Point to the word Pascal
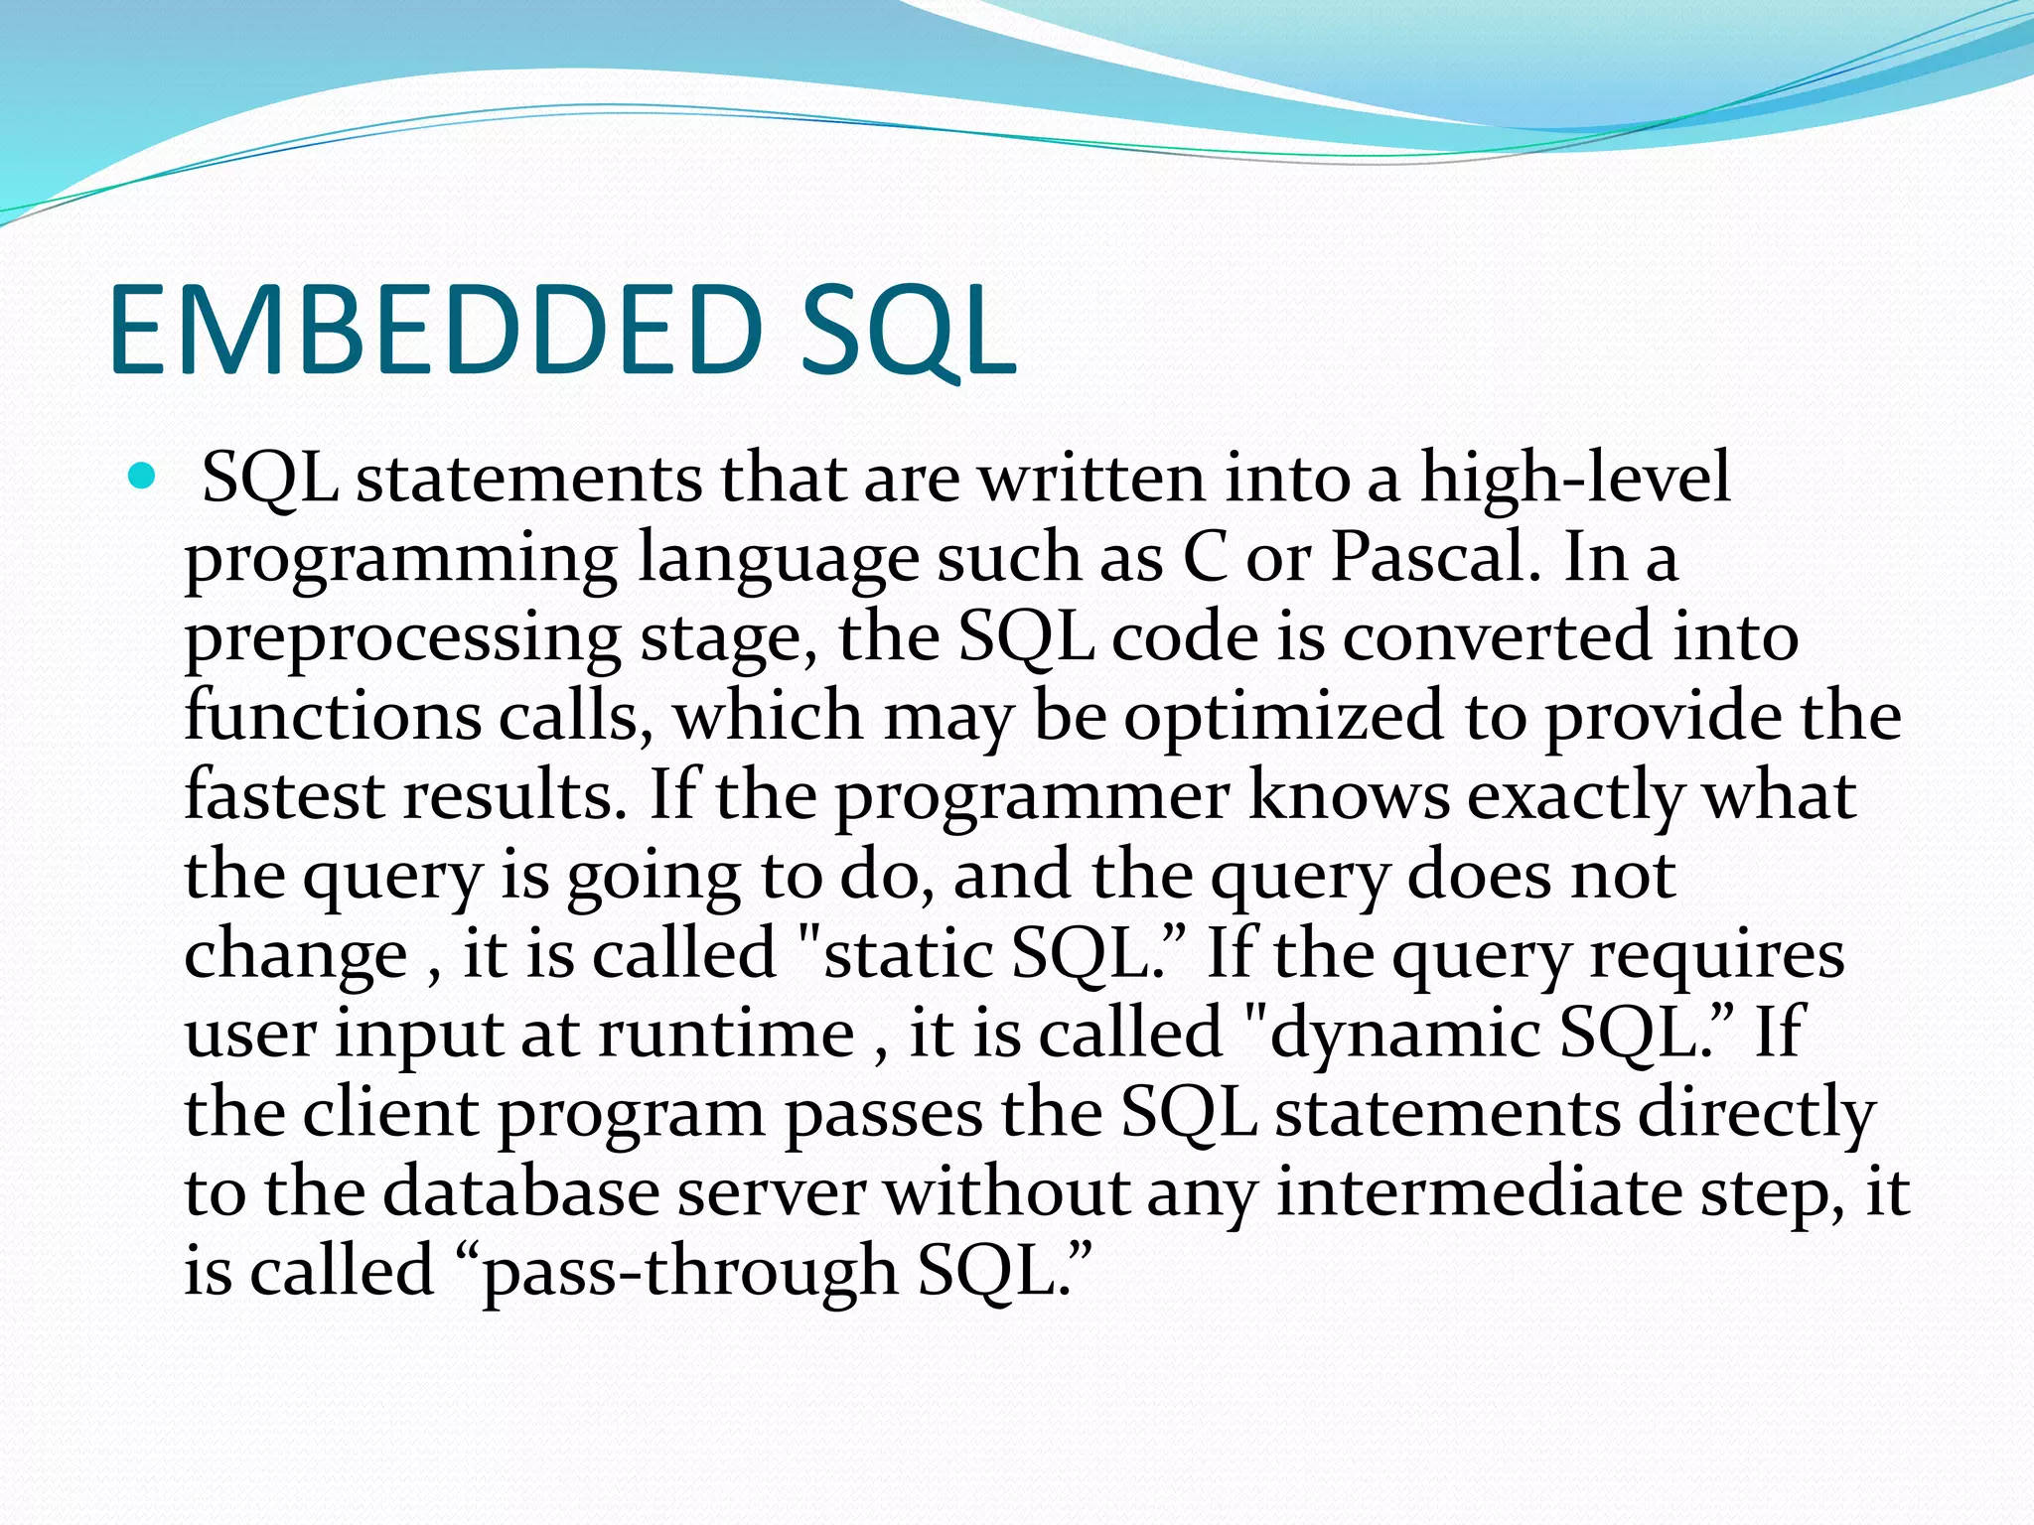[1436, 558]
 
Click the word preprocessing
[402, 637]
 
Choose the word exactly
[1575, 795]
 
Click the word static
[908, 954]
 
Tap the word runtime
[726, 1034]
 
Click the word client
[390, 1113]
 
